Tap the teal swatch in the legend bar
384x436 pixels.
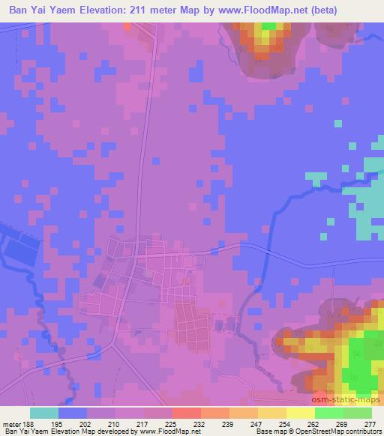coord(44,413)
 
